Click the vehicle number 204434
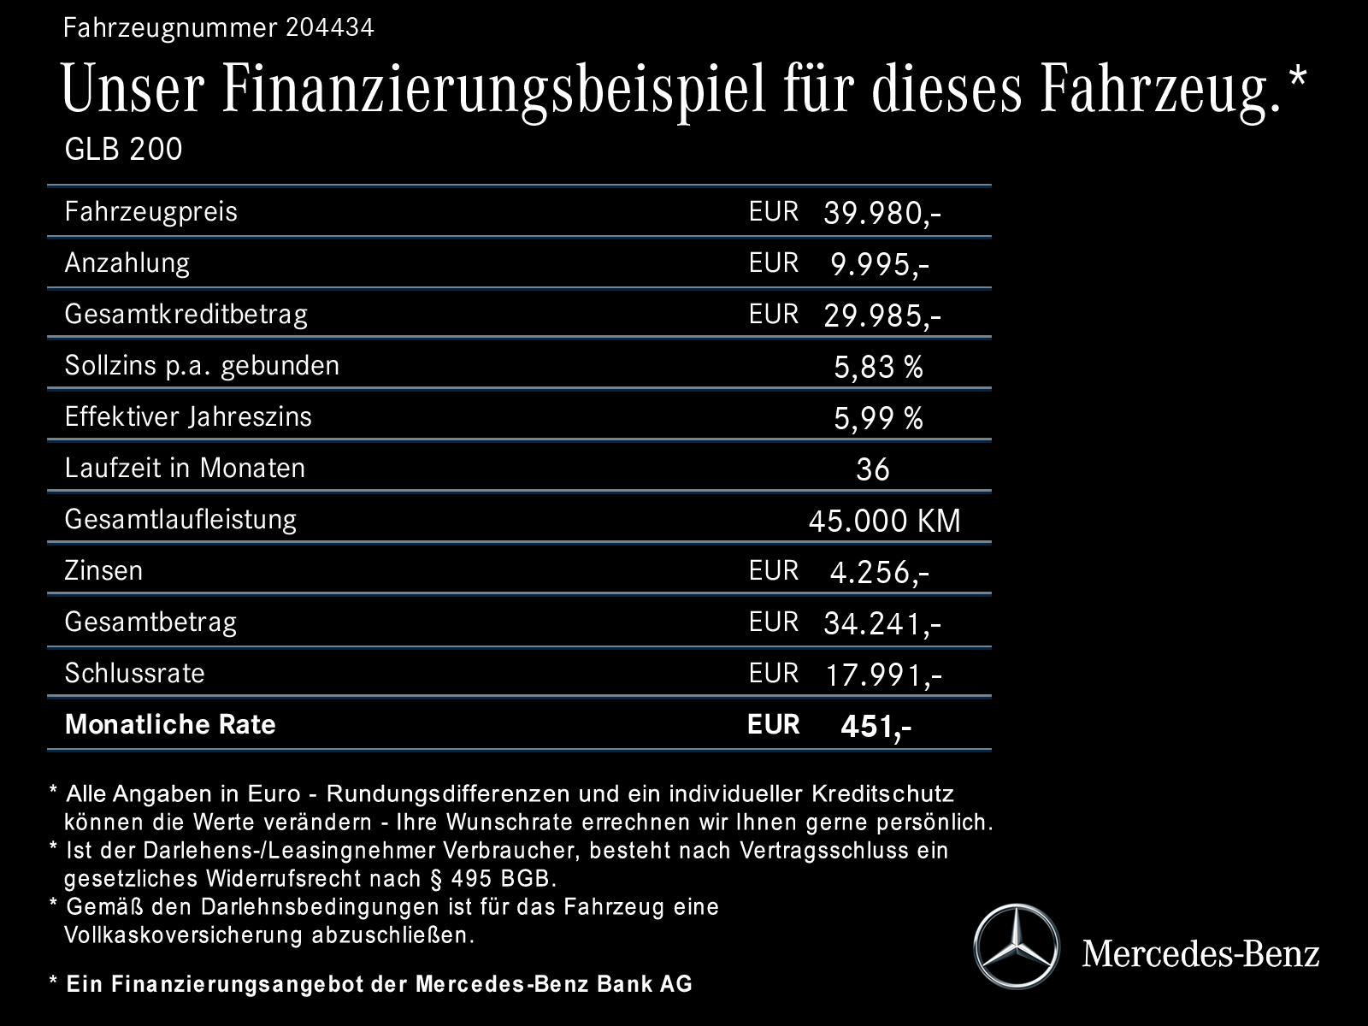[330, 28]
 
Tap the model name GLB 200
[123, 150]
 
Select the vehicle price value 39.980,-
[882, 213]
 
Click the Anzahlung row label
[127, 262]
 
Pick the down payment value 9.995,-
[880, 264]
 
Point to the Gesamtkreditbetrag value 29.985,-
[882, 315]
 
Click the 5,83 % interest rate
[878, 367]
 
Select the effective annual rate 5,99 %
[878, 418]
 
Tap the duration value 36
[872, 469]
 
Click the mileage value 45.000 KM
[884, 521]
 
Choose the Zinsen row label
[103, 570]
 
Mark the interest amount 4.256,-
[880, 572]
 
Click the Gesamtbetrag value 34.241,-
[882, 623]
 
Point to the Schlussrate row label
[134, 673]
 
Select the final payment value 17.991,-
[883, 675]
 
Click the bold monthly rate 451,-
[876, 726]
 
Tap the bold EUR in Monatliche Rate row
[773, 724]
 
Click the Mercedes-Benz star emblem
[1016, 947]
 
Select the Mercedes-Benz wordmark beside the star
[1200, 952]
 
